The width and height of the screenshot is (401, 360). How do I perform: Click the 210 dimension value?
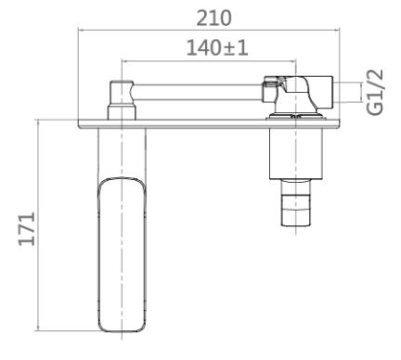click(213, 19)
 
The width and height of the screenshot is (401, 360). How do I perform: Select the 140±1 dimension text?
click(217, 48)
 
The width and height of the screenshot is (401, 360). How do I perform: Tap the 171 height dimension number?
click(27, 228)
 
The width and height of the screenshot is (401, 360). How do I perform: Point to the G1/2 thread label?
click(375, 92)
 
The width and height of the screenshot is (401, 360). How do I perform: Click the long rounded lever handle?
click(122, 254)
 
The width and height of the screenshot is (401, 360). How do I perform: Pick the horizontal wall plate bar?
click(209, 123)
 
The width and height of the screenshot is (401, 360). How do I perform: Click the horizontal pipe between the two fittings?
click(198, 92)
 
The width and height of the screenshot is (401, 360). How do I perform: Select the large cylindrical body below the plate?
click(296, 154)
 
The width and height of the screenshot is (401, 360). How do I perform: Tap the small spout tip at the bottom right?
click(295, 202)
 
